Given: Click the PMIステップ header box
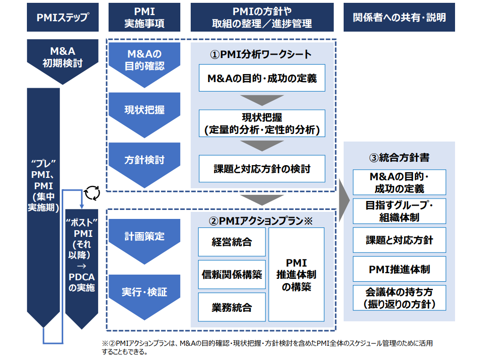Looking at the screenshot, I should click(63, 17).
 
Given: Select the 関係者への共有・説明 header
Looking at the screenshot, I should click(399, 17).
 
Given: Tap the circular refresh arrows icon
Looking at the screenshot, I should click(92, 193).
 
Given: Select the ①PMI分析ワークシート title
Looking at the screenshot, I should click(261, 54).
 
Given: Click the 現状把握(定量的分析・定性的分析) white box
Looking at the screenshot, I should click(262, 123).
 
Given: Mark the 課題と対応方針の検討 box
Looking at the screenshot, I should click(262, 168).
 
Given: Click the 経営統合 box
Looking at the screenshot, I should click(232, 242).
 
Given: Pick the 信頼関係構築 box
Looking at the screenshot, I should click(232, 275).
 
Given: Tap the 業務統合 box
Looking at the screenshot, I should click(232, 307).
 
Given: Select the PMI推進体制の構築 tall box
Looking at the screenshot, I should click(296, 274).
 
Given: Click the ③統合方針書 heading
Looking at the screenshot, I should click(399, 158).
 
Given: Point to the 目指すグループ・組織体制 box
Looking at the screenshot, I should click(399, 212).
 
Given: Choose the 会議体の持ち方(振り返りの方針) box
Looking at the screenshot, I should click(399, 298).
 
